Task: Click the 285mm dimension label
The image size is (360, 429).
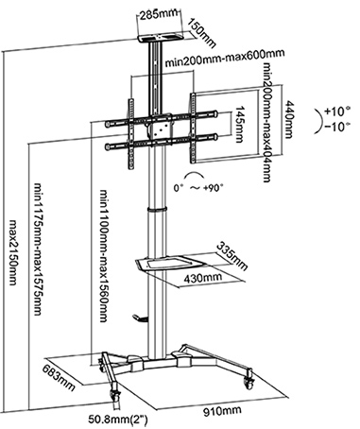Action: [159, 15]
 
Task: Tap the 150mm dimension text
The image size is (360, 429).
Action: [202, 33]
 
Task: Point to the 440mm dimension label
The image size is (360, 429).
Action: [289, 119]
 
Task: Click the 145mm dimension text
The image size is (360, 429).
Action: [240, 124]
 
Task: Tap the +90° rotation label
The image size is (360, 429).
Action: [214, 188]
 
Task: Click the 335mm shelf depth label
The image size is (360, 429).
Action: [232, 256]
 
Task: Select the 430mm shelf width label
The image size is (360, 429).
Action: [203, 278]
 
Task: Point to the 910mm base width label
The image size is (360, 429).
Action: [222, 411]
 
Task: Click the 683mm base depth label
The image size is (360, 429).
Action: [60, 377]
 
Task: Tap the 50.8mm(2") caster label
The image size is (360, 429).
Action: [118, 420]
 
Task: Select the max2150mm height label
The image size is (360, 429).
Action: [13, 252]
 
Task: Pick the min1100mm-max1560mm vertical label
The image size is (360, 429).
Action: [104, 255]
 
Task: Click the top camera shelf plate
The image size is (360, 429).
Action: [161, 38]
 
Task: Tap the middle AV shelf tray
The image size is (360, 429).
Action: [164, 263]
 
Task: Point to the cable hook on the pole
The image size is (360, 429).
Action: [140, 318]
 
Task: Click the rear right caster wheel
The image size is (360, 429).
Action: [249, 382]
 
